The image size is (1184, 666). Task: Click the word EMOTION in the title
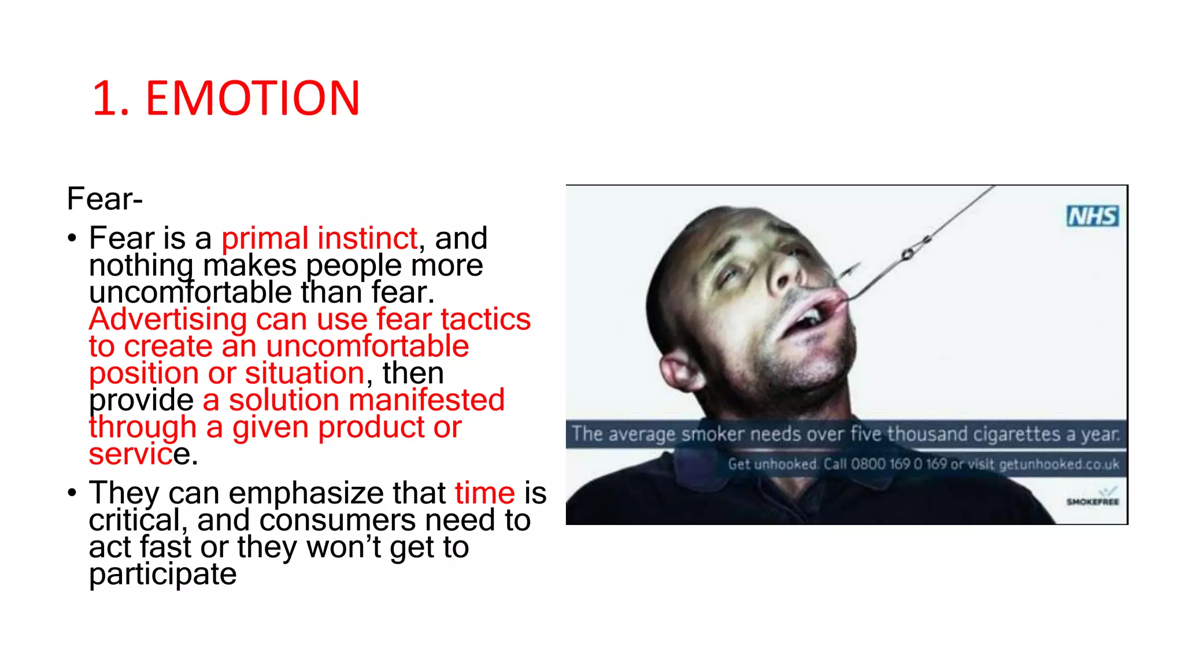(x=253, y=98)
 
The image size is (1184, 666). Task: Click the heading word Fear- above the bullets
(x=105, y=199)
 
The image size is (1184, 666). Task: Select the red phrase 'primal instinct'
(x=319, y=238)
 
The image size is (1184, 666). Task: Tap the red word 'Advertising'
(x=168, y=319)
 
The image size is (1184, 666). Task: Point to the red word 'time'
(x=484, y=493)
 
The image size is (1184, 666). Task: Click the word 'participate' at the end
(x=162, y=574)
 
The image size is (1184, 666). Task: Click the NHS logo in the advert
(x=1092, y=216)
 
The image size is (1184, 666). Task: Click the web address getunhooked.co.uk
(x=1059, y=464)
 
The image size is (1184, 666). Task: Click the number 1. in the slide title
(x=110, y=98)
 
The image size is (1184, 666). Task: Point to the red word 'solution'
(x=284, y=400)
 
